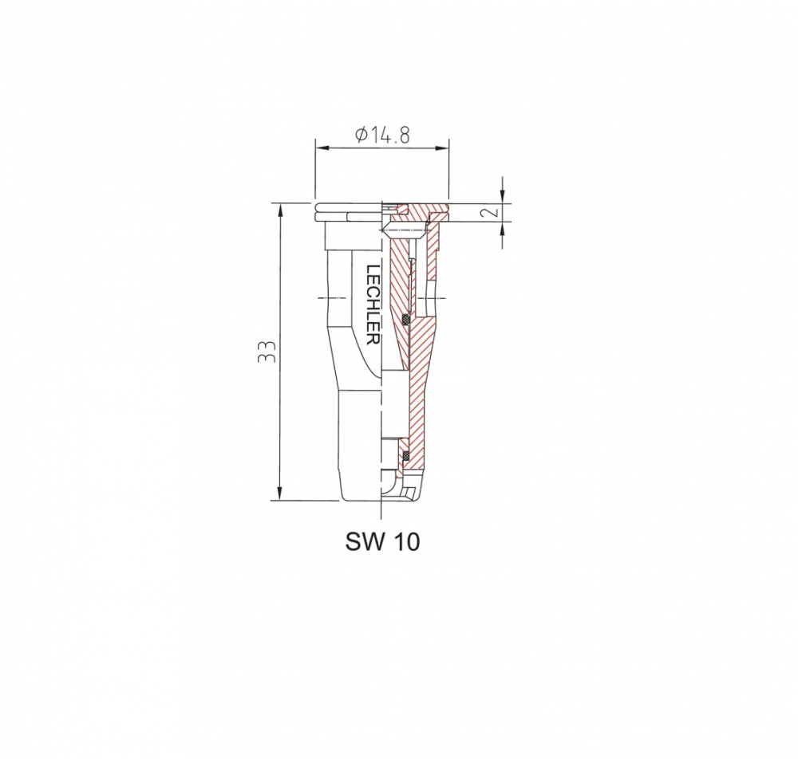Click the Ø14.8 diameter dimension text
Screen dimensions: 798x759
tap(382, 135)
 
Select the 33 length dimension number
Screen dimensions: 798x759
tap(267, 352)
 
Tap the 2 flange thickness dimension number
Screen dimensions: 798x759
tap(490, 212)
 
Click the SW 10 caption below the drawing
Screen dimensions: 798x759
tap(383, 541)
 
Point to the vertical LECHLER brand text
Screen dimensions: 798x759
tap(373, 305)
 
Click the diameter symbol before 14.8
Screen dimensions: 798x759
tap(361, 135)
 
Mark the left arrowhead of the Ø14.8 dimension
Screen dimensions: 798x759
tap(322, 148)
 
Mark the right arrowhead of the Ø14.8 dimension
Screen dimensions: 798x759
tap(442, 148)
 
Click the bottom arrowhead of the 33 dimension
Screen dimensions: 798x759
tap(279, 494)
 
